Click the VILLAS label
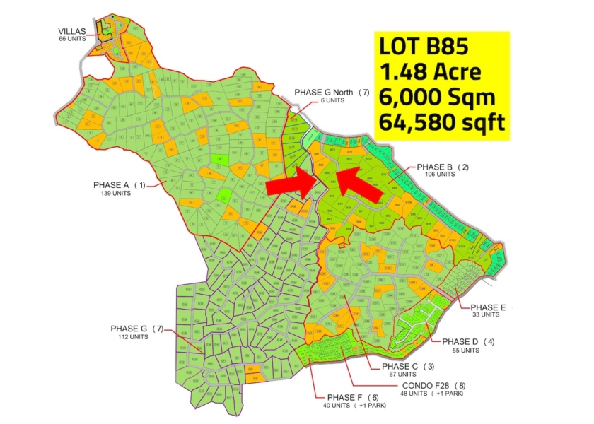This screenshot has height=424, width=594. [x=73, y=31]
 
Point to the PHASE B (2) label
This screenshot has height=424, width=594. [x=443, y=167]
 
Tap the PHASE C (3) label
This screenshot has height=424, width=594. [x=408, y=366]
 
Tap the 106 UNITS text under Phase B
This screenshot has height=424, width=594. [x=438, y=175]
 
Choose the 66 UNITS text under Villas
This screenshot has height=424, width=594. [x=73, y=38]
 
